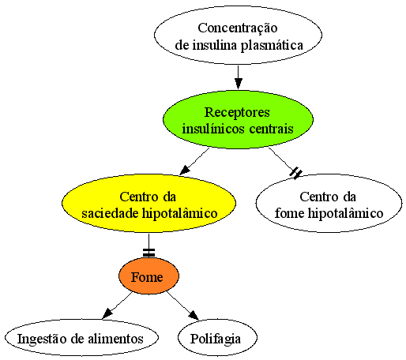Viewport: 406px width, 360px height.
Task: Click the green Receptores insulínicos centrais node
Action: (x=238, y=120)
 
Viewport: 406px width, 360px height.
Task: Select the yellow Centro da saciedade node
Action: (x=148, y=203)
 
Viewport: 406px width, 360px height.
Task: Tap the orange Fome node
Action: (x=148, y=276)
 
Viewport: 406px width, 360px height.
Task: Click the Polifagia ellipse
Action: (x=217, y=338)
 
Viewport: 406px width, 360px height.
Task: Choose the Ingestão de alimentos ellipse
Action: (x=81, y=338)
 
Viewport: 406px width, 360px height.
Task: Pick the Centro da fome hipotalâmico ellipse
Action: (x=329, y=203)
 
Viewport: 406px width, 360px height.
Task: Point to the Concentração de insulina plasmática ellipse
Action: (x=238, y=36)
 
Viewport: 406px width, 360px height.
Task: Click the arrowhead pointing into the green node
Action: (x=239, y=84)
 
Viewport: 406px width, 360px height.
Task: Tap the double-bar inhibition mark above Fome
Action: (x=148, y=253)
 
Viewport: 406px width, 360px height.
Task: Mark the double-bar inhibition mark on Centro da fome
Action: (x=295, y=173)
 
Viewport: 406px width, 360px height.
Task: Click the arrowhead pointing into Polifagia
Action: (x=194, y=316)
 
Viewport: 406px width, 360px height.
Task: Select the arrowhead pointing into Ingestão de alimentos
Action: (x=107, y=313)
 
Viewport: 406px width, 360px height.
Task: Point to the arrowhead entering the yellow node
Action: (x=184, y=170)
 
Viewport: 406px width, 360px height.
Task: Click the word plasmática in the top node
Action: (x=272, y=46)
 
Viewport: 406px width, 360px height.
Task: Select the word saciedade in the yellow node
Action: (x=110, y=213)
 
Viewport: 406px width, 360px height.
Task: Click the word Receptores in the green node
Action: (x=237, y=112)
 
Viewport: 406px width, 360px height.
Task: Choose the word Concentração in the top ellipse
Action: (x=238, y=28)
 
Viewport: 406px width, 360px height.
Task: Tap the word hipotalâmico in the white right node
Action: (x=345, y=213)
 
